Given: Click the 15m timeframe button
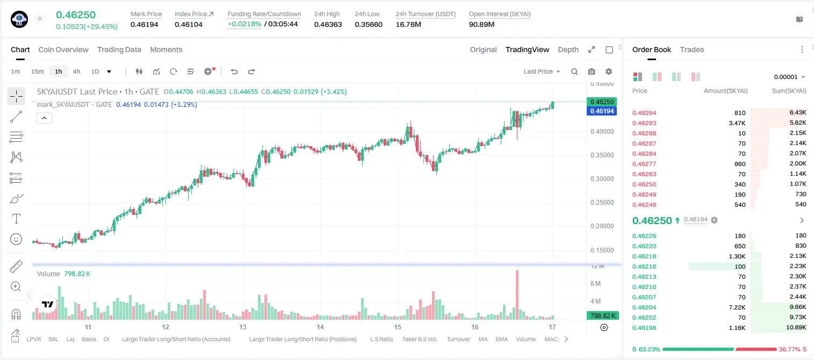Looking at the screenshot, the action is (x=38, y=71).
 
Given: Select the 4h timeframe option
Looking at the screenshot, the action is (x=76, y=71).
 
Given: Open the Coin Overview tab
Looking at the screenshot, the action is (x=63, y=50).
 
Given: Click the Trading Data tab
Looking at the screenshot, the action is (x=119, y=50).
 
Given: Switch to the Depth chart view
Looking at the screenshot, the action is (x=568, y=50).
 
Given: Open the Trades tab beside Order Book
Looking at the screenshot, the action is (x=692, y=50).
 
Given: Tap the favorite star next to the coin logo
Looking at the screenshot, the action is (x=40, y=18).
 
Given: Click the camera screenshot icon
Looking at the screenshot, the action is (x=592, y=71).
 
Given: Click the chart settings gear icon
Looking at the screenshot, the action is (x=609, y=71).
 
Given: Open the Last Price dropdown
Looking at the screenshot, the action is (x=542, y=71).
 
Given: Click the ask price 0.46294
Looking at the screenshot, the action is (x=644, y=113).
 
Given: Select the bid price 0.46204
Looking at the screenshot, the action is (x=644, y=307).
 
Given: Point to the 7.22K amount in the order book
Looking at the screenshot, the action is (x=737, y=307).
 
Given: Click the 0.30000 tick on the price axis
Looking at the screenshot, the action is (x=602, y=179).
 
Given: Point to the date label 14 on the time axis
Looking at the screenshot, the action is (x=320, y=327).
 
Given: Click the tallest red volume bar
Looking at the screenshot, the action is (x=517, y=294).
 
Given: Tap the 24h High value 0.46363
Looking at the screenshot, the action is (x=328, y=24).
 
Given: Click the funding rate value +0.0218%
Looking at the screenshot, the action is (x=244, y=24).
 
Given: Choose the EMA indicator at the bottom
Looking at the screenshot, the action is (x=501, y=339).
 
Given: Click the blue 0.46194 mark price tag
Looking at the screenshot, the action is (x=602, y=111).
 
